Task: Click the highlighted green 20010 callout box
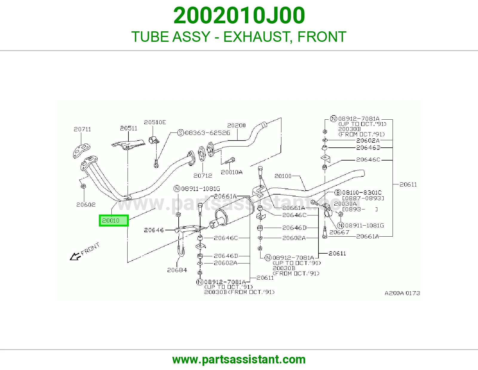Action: click(114, 221)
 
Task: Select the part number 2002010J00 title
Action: click(239, 16)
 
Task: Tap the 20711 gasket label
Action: click(82, 129)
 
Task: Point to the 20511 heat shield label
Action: click(128, 128)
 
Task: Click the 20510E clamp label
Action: click(155, 122)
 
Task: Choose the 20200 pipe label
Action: click(236, 125)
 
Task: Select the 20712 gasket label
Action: click(203, 175)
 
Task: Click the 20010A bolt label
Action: click(232, 172)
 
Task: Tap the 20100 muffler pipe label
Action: click(283, 176)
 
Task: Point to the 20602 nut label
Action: click(86, 205)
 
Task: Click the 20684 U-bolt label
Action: click(177, 270)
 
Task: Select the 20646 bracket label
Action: click(154, 230)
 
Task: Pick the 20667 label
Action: click(339, 232)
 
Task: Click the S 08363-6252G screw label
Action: click(204, 133)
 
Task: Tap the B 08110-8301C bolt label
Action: click(358, 192)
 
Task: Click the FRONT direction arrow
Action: click(76, 256)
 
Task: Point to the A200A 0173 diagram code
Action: click(402, 293)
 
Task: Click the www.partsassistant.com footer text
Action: click(239, 360)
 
